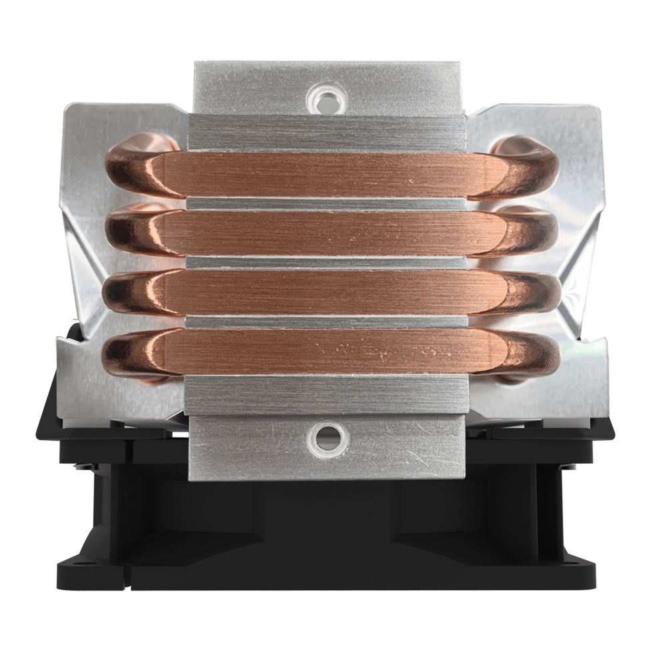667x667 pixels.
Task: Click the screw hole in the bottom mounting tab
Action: coord(327,438)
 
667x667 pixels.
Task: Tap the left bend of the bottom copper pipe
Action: coord(130,354)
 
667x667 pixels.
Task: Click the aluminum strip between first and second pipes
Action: coord(327,203)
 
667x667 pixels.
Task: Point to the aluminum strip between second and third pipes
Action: coord(327,263)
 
